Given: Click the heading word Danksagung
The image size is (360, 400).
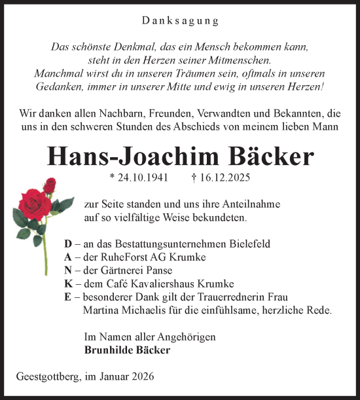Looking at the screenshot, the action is [x=180, y=21].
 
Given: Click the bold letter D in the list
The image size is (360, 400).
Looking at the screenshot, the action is [x=68, y=244].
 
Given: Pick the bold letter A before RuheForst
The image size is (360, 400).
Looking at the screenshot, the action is [x=68, y=257].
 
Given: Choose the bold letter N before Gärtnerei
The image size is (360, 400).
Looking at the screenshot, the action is [x=68, y=270].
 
